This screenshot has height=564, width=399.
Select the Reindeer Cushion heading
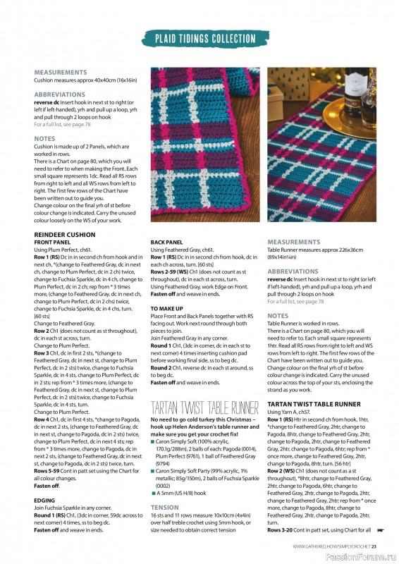(66, 234)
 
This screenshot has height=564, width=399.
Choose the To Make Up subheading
(167, 309)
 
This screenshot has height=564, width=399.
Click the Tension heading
(164, 507)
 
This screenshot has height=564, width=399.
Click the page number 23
(374, 546)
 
